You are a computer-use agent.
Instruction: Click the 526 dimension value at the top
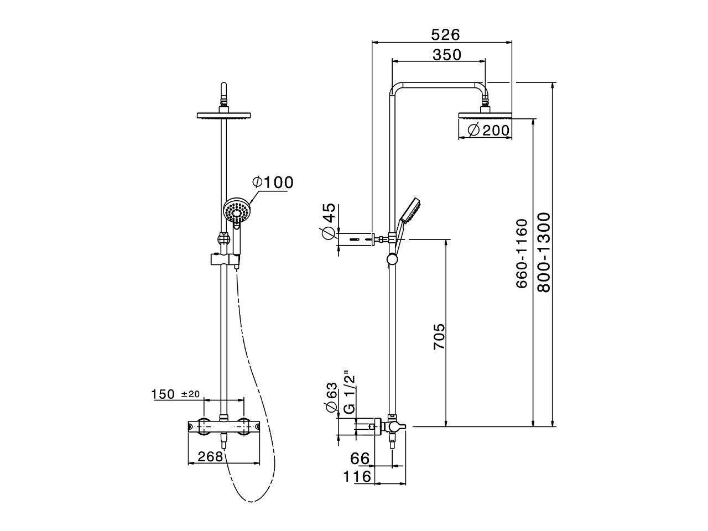[445, 34]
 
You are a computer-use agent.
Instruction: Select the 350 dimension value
[446, 55]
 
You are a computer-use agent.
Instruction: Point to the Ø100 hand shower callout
[273, 182]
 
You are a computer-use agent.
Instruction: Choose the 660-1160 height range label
[522, 253]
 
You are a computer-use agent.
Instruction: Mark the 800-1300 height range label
[543, 252]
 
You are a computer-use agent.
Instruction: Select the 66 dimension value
[360, 459]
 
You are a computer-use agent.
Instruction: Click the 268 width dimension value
[211, 456]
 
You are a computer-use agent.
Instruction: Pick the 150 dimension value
[164, 394]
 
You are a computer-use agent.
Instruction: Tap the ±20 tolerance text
[190, 394]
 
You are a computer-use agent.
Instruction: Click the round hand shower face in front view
[237, 212]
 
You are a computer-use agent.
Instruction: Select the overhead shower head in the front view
[224, 116]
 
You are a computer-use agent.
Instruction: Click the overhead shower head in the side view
[485, 116]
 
